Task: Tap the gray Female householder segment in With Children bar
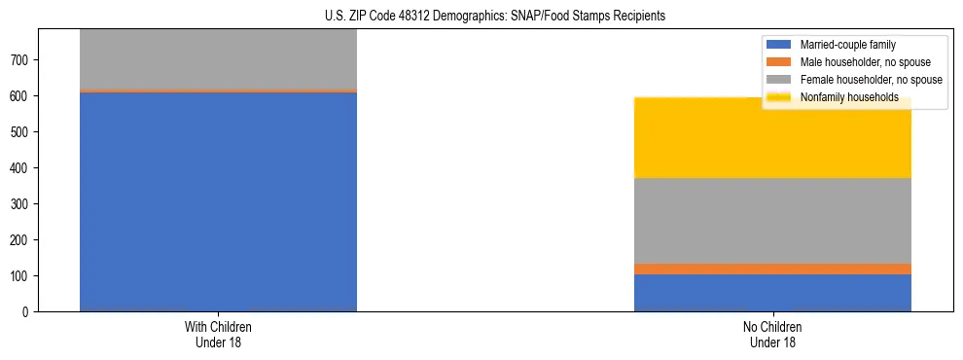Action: pos(218,58)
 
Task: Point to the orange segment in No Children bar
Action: pos(772,269)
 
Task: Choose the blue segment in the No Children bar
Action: pos(772,293)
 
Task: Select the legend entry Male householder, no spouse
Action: pos(865,62)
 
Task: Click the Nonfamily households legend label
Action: pos(849,97)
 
